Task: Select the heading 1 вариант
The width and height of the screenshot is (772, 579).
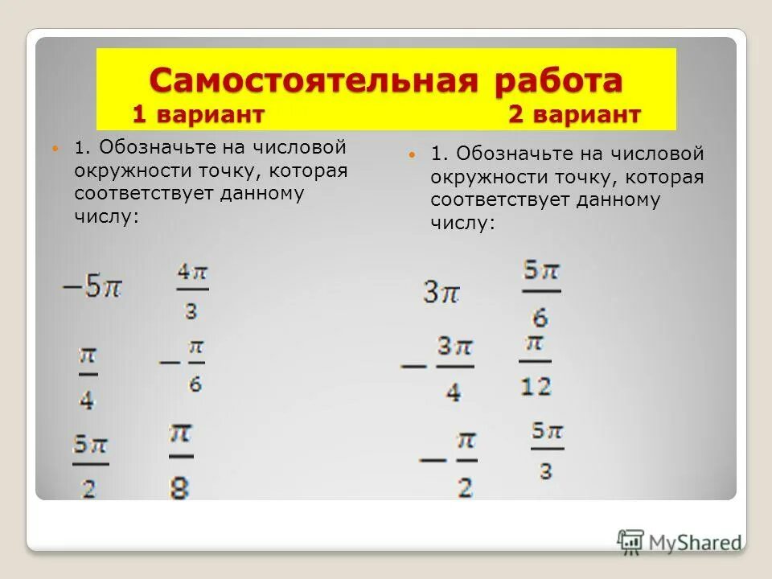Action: point(198,115)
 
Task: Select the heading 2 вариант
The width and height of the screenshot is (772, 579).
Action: point(574,115)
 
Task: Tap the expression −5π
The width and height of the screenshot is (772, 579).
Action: point(92,287)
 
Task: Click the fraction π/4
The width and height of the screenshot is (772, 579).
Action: point(87,376)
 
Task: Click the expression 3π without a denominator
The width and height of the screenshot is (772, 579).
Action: point(441,292)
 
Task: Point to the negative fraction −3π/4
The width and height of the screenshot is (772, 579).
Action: point(434,368)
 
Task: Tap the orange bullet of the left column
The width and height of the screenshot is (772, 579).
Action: point(55,149)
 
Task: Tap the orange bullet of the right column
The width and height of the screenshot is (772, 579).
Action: point(412,154)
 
